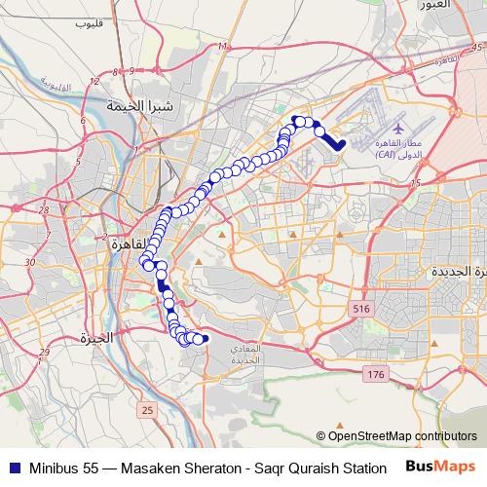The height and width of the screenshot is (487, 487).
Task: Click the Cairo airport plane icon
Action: [397, 127]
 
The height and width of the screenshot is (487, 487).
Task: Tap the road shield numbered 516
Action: [362, 308]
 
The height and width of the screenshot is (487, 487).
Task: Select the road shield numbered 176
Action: [375, 374]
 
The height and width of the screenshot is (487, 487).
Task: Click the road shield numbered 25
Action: [146, 411]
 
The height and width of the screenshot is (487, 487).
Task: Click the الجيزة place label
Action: [97, 339]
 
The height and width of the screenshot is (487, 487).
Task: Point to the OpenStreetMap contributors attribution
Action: [401, 435]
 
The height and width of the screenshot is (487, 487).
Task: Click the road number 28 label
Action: [44, 208]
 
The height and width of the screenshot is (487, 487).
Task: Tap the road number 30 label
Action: [30, 262]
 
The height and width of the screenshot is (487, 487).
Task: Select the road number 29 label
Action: [42, 353]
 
